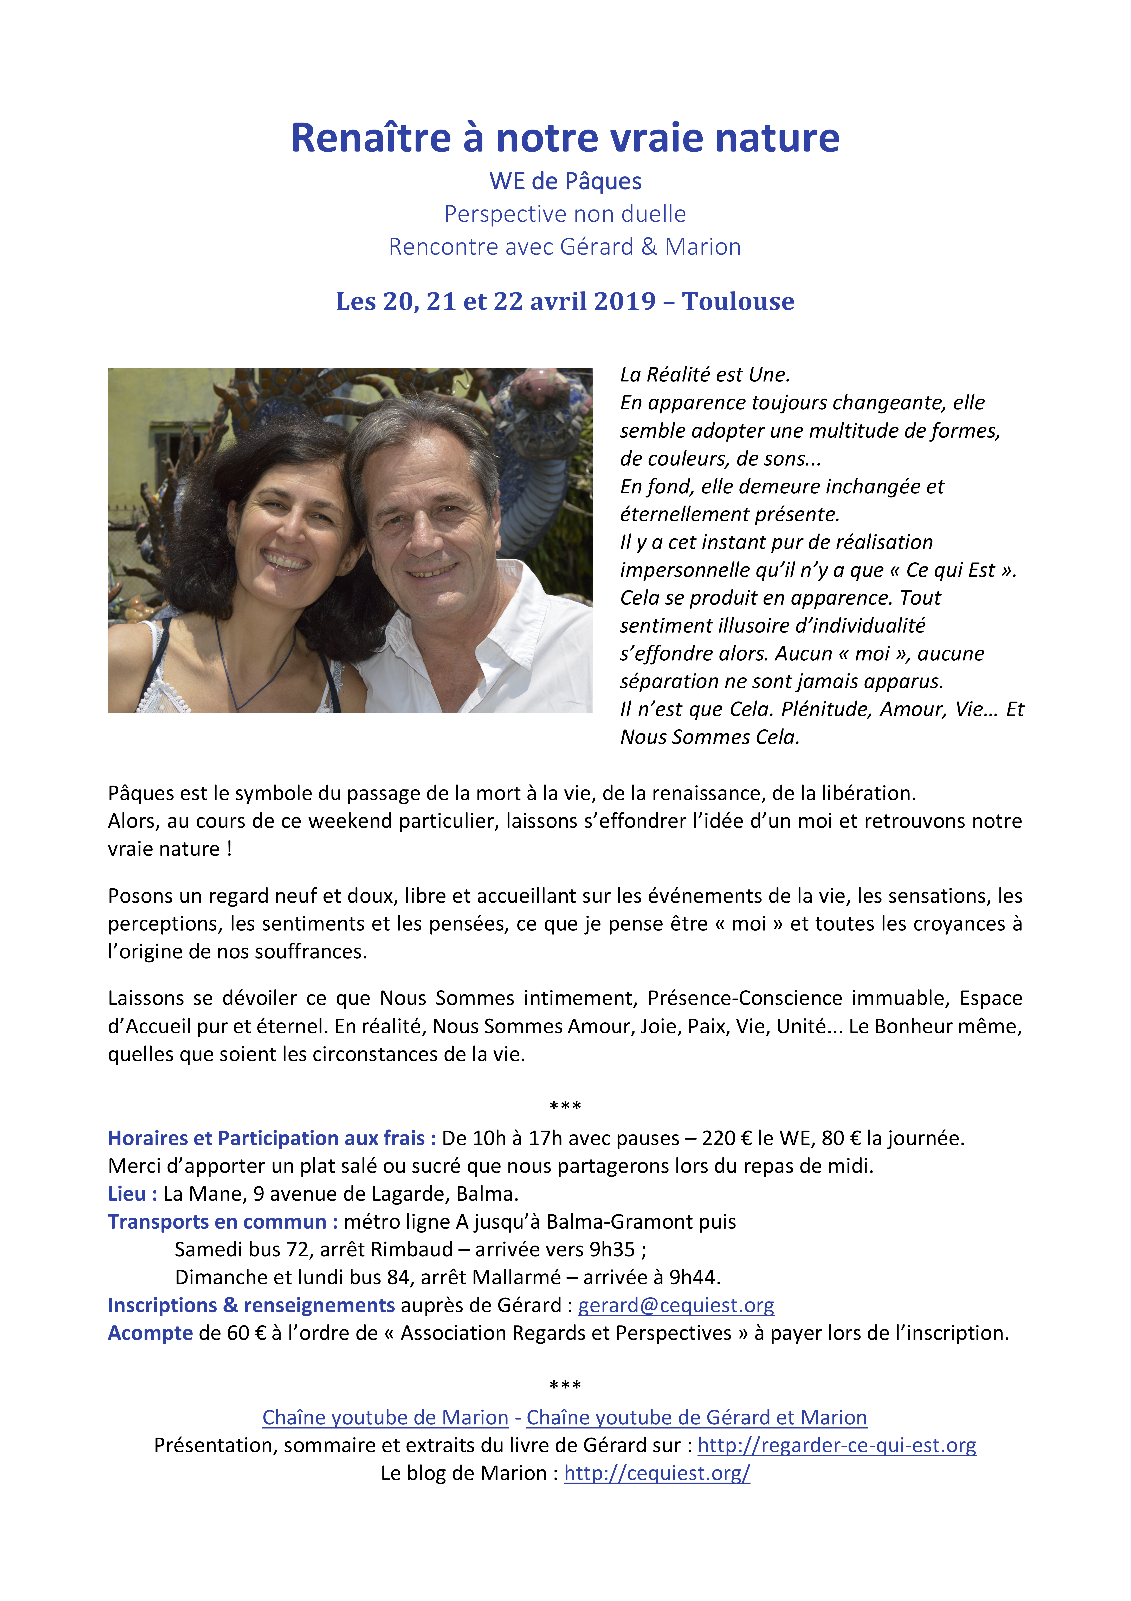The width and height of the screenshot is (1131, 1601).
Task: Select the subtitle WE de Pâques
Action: pyautogui.click(x=565, y=181)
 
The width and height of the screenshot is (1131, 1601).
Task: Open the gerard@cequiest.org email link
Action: pyautogui.click(x=676, y=1305)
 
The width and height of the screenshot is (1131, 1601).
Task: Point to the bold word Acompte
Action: pyautogui.click(x=150, y=1332)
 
